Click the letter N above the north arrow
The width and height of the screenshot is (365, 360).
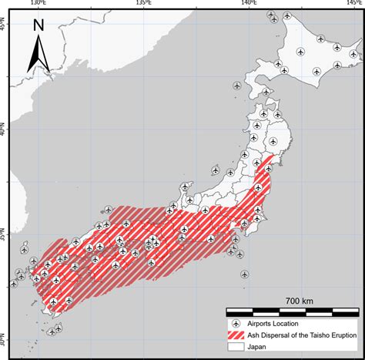(39, 25)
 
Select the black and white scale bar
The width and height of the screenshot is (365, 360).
(293, 311)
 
